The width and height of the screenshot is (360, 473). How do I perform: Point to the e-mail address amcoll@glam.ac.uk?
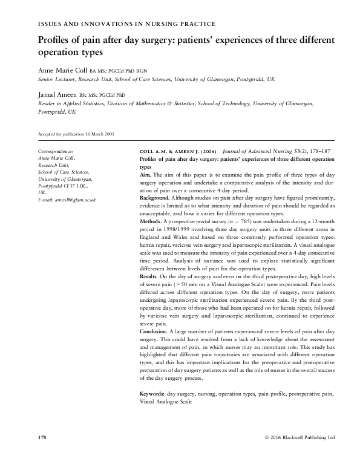tap(67, 199)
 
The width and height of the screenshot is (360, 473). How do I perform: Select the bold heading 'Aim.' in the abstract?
tap(146, 174)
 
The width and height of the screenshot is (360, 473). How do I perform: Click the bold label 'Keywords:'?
tap(152, 394)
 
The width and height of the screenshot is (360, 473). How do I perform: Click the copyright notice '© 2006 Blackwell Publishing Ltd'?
tap(299, 437)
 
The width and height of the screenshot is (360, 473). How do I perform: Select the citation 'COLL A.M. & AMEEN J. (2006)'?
tap(176, 151)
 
